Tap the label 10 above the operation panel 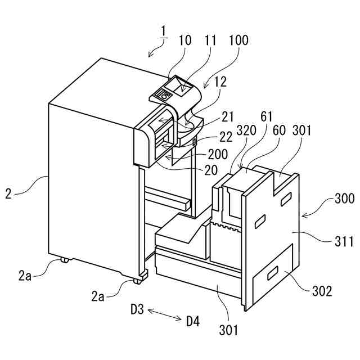(x=186, y=40)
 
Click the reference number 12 (x=220, y=82)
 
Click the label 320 (x=246, y=130)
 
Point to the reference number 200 (x=217, y=154)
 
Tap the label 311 (x=343, y=242)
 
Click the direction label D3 (x=138, y=309)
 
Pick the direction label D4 (x=193, y=321)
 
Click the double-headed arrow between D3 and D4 (x=165, y=315)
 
